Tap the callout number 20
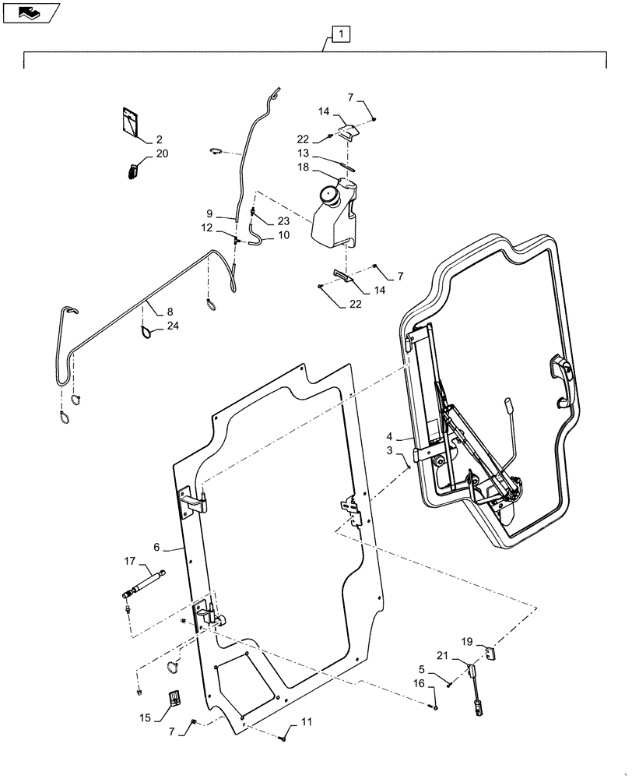pos(161,154)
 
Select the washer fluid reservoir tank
pos(334,214)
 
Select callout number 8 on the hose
pos(169,311)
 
